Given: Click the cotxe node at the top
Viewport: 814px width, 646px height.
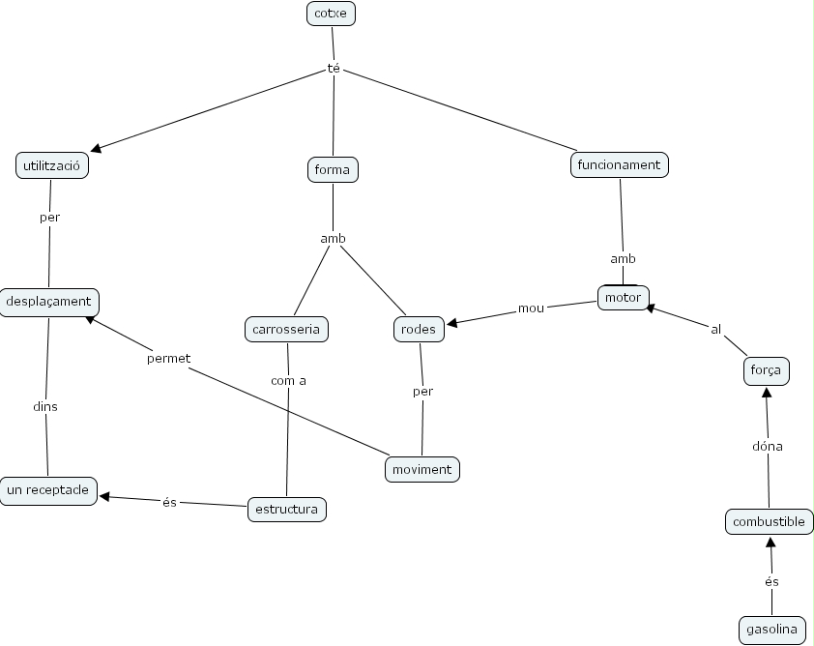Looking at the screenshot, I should (x=331, y=14).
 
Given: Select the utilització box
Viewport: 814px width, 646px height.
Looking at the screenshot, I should (x=52, y=166).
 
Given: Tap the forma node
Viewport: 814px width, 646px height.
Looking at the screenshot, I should (x=333, y=169).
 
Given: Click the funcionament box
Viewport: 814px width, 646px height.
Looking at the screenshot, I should (x=619, y=164).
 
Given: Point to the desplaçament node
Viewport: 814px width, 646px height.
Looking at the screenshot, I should (x=48, y=301).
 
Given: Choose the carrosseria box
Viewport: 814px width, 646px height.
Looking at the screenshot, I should (x=286, y=330).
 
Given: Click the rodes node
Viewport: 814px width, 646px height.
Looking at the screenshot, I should (x=419, y=330).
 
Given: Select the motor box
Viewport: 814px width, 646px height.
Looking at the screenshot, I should (x=623, y=297).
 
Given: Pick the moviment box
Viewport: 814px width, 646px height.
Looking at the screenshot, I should (x=422, y=469).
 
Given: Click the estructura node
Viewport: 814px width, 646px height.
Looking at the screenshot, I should (x=286, y=509).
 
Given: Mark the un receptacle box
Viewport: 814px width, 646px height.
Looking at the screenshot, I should (x=47, y=490).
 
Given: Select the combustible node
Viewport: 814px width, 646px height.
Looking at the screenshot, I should (x=769, y=521).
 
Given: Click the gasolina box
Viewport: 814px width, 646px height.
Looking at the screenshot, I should (x=771, y=630).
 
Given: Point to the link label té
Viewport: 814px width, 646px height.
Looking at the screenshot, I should (x=334, y=69).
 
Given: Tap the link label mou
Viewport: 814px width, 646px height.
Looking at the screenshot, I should (x=531, y=308).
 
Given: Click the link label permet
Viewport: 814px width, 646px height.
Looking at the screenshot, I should (x=168, y=358).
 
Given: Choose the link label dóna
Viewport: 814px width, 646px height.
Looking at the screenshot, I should (x=768, y=446).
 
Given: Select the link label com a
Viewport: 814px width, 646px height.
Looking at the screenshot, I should (x=288, y=380).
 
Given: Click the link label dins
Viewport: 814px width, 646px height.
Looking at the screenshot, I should (x=45, y=406).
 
